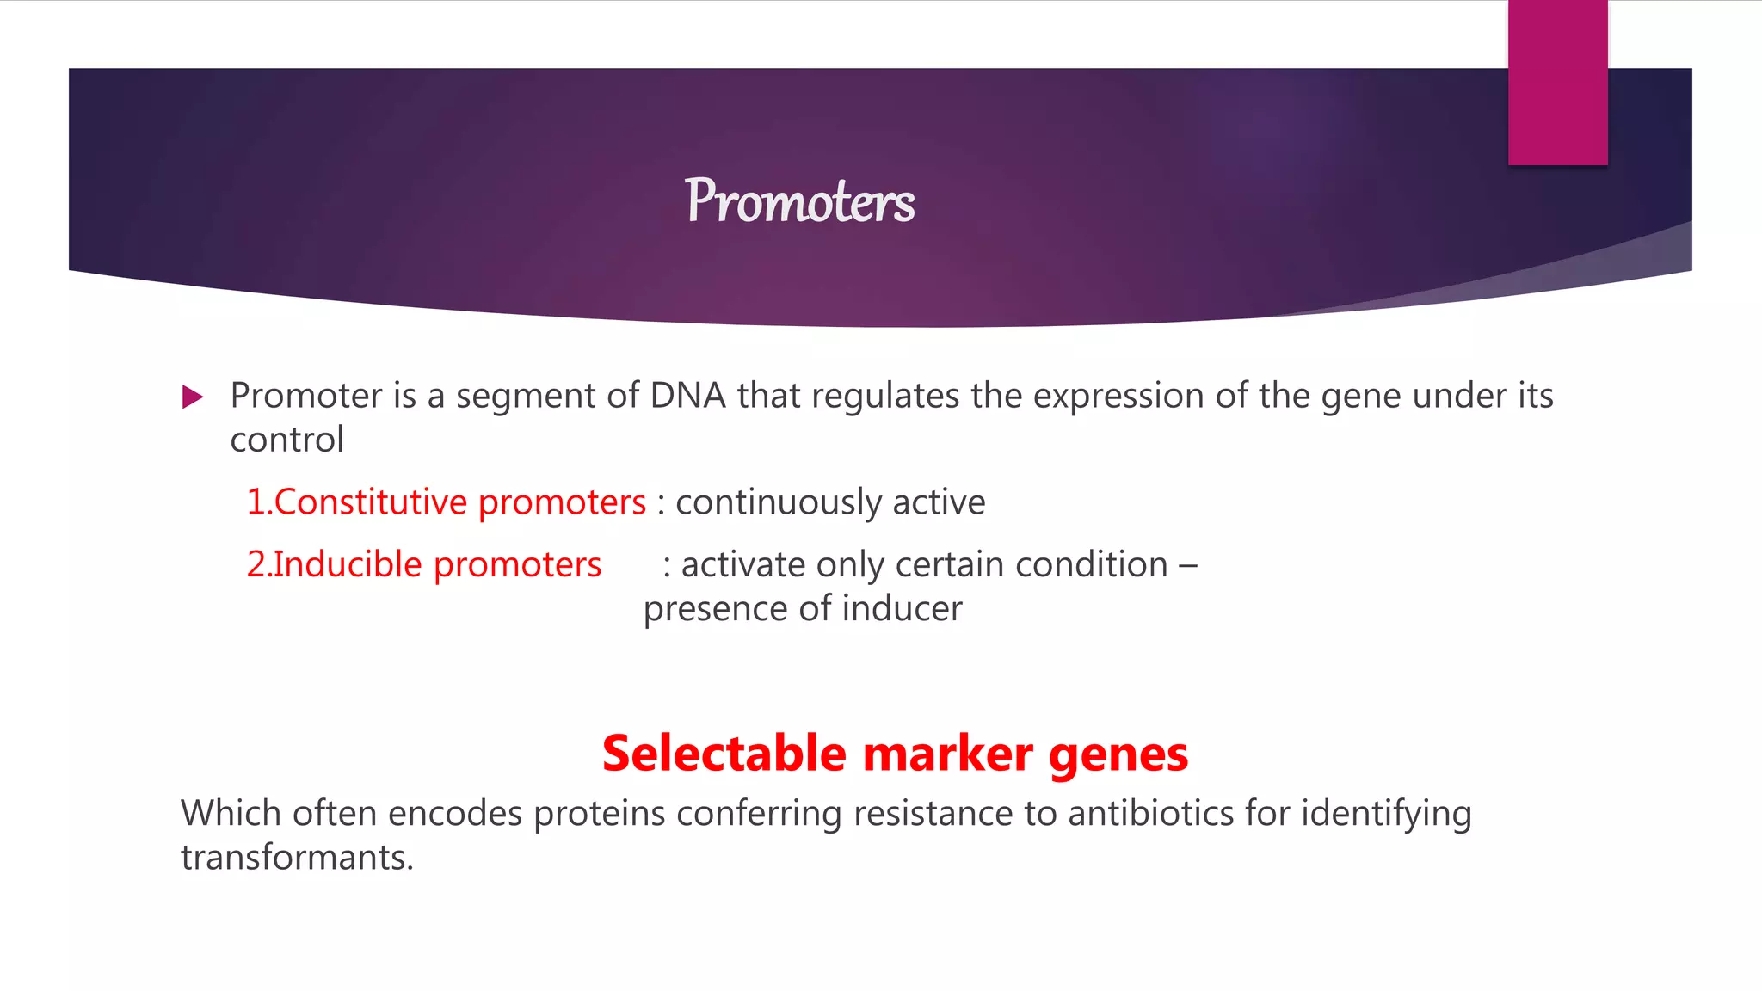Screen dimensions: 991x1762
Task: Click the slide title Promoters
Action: click(x=799, y=201)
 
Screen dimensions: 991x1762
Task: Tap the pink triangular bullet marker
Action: click(x=193, y=397)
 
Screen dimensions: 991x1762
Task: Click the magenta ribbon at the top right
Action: click(x=1557, y=83)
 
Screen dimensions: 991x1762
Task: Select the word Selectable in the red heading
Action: click(x=724, y=754)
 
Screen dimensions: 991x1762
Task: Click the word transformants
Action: click(x=297, y=858)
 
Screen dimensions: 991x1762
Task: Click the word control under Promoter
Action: click(x=286, y=440)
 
